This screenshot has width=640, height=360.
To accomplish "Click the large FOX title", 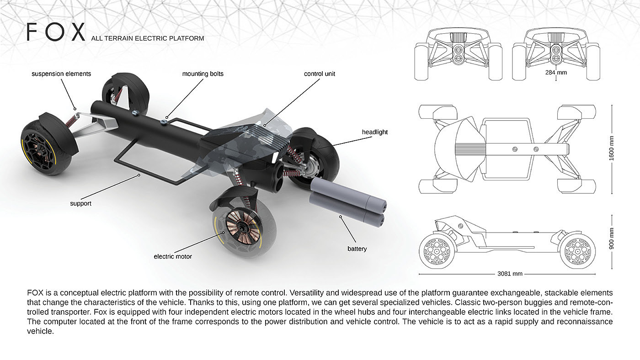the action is point(56,32).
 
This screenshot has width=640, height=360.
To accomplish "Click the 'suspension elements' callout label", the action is point(61,74).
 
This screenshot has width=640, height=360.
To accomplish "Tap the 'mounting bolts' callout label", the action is point(203,74).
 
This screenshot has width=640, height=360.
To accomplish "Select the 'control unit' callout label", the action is point(320,74).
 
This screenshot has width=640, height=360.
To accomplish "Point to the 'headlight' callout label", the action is point(375,132).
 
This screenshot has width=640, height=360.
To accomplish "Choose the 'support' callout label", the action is point(80,203).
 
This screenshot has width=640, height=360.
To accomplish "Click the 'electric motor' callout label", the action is point(173,257).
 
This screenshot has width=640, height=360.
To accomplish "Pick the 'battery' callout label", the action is point(357,249).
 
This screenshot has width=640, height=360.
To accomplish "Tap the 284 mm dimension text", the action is point(556,72).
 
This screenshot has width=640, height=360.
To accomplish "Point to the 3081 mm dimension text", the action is point(509,274).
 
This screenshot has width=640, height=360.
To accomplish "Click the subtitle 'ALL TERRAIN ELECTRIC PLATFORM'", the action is point(148,38).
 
